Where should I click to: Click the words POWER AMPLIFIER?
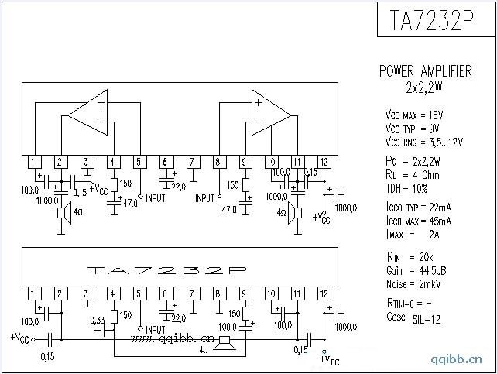coord(425,71)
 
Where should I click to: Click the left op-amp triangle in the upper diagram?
coord(91,115)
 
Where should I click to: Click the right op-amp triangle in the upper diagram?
coord(269,115)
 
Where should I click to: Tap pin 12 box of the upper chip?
coord(324,162)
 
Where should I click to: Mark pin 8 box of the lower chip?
coord(218,293)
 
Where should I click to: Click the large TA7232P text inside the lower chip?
coord(167,270)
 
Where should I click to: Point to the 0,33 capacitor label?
coord(98,320)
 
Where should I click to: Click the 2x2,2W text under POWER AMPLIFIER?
coord(425,87)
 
